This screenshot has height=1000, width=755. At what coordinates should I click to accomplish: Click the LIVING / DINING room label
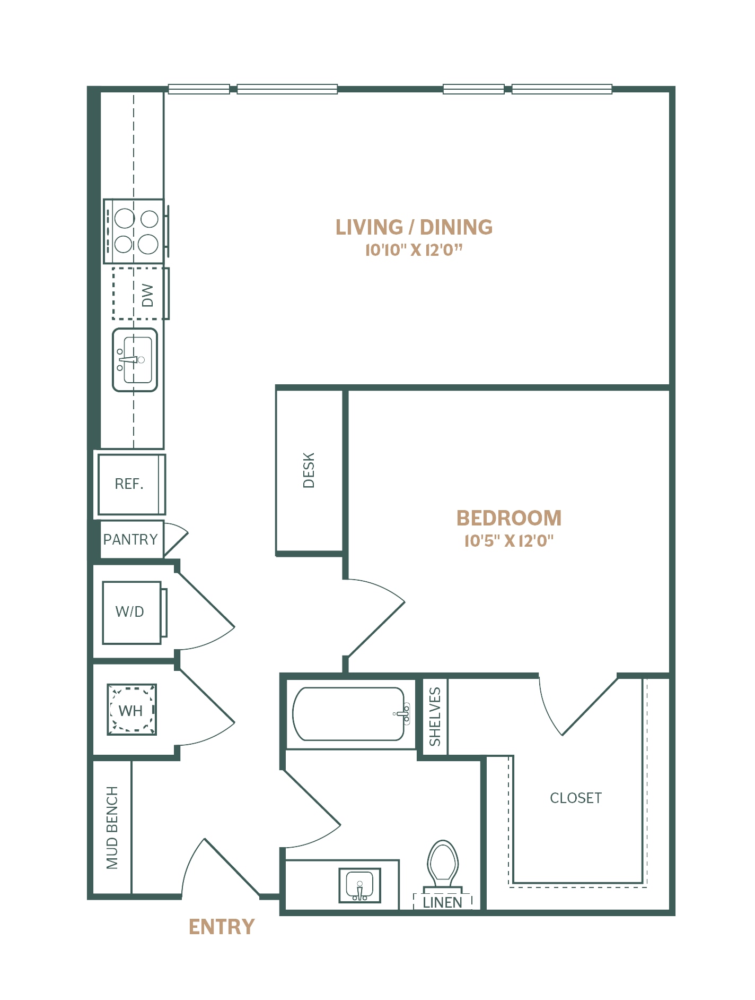point(414,227)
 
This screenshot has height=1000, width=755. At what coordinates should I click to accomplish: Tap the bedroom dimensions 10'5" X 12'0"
point(509,541)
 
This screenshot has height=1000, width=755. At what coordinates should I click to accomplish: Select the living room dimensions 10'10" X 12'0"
point(414,250)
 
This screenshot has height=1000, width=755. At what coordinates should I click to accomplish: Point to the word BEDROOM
point(509,518)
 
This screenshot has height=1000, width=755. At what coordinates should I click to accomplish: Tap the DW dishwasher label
point(147,295)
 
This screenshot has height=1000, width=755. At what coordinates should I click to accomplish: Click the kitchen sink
point(135,360)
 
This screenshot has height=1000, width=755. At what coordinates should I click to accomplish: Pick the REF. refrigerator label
point(129,484)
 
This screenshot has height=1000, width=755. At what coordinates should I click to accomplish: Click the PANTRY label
point(130,539)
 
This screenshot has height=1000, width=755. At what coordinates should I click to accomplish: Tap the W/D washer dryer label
point(130,611)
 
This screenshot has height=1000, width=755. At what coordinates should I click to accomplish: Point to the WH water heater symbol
point(131,710)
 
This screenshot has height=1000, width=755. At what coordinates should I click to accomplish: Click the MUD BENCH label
point(112,828)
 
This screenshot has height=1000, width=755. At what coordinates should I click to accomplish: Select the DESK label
point(309,470)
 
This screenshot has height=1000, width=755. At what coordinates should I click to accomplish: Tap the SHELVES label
point(435,717)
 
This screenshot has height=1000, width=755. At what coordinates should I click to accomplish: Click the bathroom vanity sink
point(360,885)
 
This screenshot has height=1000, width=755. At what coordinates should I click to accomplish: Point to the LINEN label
point(443,902)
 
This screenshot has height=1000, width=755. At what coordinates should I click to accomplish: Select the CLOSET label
point(576,798)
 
